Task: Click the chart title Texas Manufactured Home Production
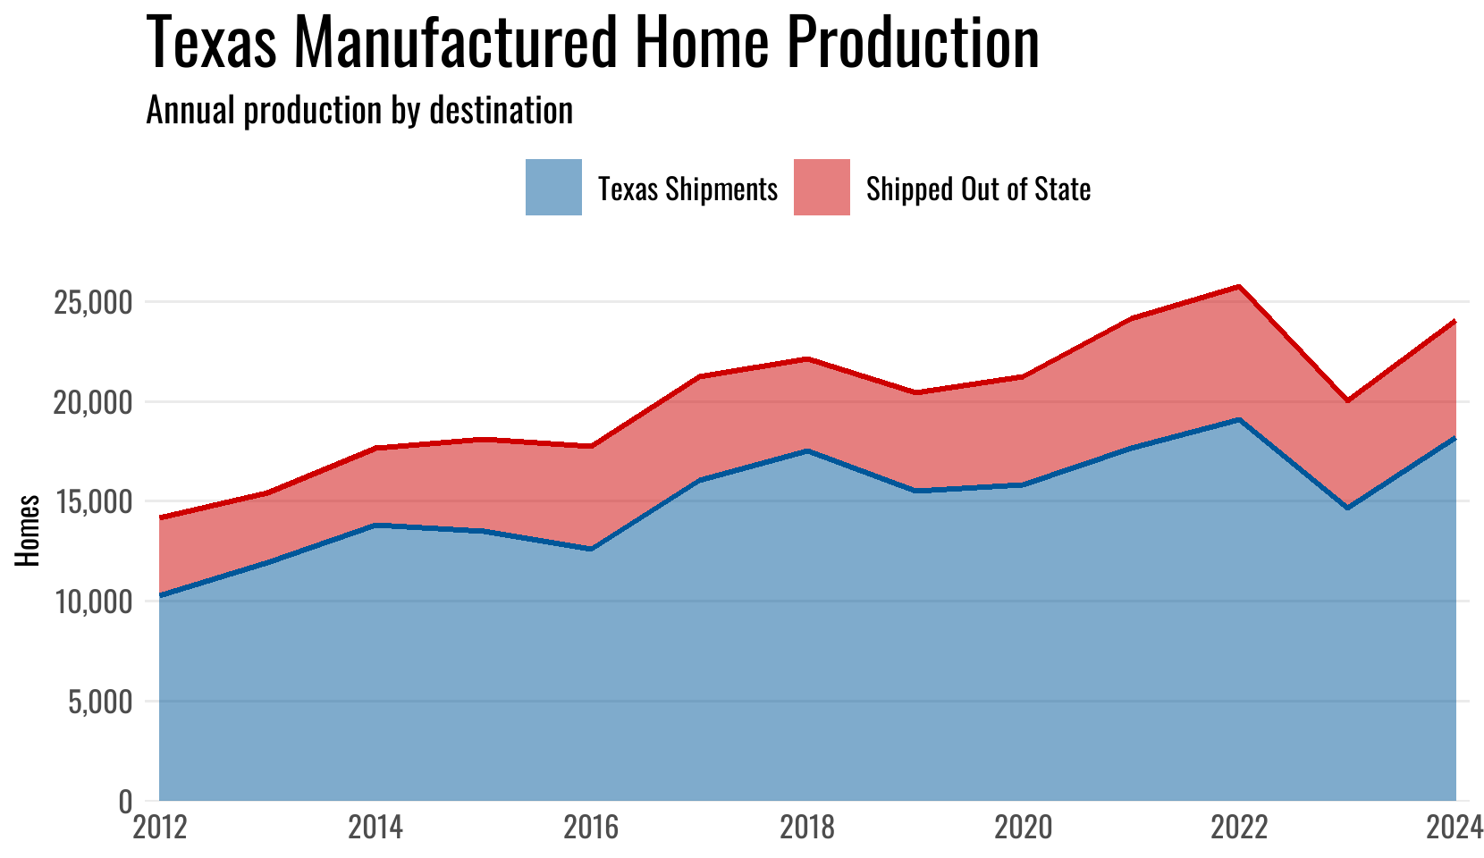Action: (x=592, y=43)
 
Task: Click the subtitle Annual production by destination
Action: (x=359, y=110)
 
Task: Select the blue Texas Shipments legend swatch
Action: (x=553, y=188)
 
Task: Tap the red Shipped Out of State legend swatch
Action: (x=822, y=188)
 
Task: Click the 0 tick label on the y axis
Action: (x=125, y=802)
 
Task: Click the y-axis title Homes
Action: (x=28, y=530)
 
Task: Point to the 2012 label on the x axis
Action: (x=159, y=828)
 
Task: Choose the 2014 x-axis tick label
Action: (x=375, y=828)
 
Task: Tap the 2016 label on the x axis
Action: (x=591, y=828)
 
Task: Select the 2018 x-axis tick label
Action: (x=807, y=828)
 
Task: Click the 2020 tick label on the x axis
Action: (x=1024, y=828)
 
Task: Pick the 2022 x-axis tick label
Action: (x=1239, y=828)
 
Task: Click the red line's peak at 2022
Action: (x=1239, y=286)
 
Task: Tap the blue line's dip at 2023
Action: (x=1347, y=508)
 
